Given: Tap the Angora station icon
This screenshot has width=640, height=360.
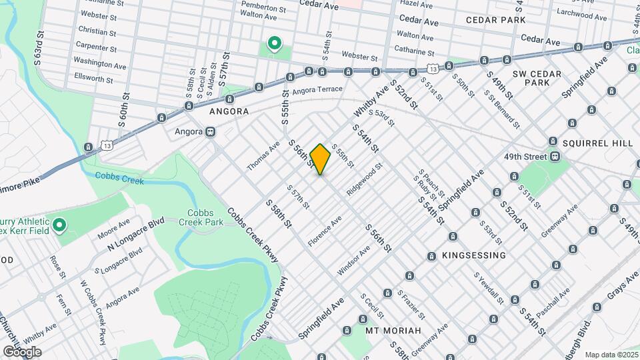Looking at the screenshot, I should tap(210, 131).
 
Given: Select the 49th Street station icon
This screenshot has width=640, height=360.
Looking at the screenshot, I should tap(553, 157).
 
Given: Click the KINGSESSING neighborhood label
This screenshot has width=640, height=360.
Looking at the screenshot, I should tap(473, 255).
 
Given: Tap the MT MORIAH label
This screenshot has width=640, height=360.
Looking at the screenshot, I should tap(393, 331).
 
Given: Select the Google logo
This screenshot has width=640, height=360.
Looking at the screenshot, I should tap(22, 351).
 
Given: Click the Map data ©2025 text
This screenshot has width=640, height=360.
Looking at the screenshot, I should tap(612, 354).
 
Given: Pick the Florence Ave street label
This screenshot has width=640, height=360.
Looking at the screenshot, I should tap(325, 229).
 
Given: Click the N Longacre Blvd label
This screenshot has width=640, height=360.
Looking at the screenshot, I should tap(136, 234).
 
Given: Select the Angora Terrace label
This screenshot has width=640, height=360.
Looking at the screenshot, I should tap(317, 89).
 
